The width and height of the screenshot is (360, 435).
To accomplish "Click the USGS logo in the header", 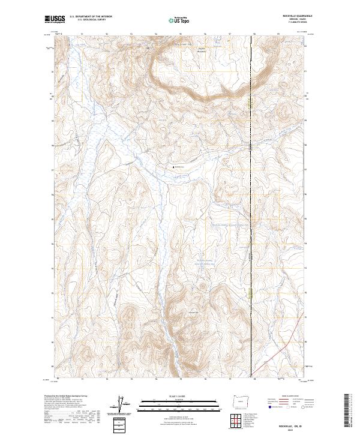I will (x=55, y=20).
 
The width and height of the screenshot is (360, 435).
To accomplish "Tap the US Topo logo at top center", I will (x=179, y=20).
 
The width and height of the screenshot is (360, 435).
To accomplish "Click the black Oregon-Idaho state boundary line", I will (x=250, y=240).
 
